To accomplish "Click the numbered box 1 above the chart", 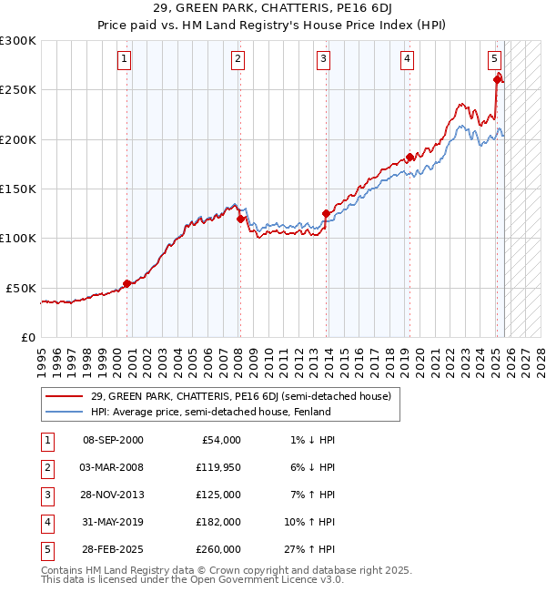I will [124, 60].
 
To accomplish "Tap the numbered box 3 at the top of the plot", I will [323, 60].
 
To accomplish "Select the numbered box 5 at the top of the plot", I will [494, 60].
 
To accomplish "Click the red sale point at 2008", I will [240, 219].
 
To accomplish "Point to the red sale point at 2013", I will [326, 214].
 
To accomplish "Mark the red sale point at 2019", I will [409, 158].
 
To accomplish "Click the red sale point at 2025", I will [497, 80].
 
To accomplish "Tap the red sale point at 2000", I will [126, 283].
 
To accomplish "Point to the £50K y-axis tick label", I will [21, 288].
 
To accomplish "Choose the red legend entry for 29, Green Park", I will [240, 396].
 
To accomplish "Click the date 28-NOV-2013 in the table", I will [113, 495].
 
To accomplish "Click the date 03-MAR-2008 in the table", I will [113, 467].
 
